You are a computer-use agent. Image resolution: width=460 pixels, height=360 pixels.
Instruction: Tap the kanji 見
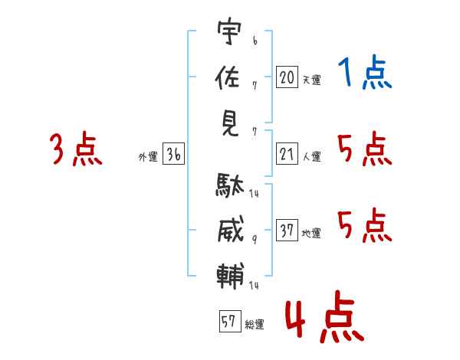point(228,123)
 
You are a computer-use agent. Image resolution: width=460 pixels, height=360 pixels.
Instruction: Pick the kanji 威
point(228,230)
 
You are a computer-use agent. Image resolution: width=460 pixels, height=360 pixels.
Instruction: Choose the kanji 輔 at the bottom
point(228,274)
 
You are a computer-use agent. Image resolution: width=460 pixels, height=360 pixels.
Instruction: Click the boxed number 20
point(287,77)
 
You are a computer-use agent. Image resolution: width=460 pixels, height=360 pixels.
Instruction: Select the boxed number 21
point(287,155)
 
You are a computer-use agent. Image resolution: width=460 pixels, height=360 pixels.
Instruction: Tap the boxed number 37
point(287,231)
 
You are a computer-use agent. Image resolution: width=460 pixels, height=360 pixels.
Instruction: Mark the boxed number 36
point(173,155)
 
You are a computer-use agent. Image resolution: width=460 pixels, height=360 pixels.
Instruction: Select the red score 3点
point(76,149)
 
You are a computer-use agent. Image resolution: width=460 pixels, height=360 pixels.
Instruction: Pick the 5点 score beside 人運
point(365,149)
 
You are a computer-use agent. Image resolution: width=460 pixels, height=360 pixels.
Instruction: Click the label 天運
point(311,80)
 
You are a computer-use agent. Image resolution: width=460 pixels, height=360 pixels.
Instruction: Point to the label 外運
point(148,157)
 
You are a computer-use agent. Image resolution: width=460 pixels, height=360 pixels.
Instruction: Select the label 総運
point(255,325)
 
